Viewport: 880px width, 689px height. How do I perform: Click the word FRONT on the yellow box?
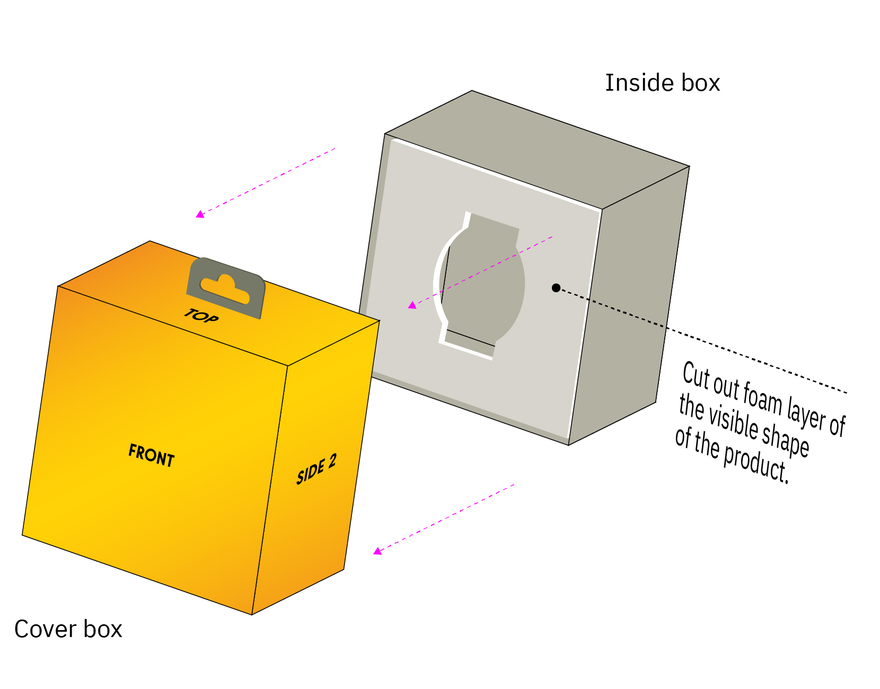pos(152,455)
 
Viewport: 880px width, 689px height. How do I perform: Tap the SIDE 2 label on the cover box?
pos(316,469)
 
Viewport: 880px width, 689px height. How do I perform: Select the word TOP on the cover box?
pos(201,316)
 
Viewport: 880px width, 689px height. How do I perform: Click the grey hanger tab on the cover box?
pos(226,288)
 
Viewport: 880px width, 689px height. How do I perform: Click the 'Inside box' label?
pos(663,83)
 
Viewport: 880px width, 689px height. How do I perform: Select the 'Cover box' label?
pos(68,629)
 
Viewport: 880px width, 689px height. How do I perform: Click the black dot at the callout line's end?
pos(556,288)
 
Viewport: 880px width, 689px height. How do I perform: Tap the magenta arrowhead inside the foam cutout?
pos(412,305)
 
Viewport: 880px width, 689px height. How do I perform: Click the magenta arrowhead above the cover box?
pos(200,214)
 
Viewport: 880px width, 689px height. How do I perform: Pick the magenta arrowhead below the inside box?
pos(377,551)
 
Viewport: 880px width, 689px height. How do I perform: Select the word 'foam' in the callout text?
pos(762,399)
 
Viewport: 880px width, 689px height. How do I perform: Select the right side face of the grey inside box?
pos(629,306)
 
